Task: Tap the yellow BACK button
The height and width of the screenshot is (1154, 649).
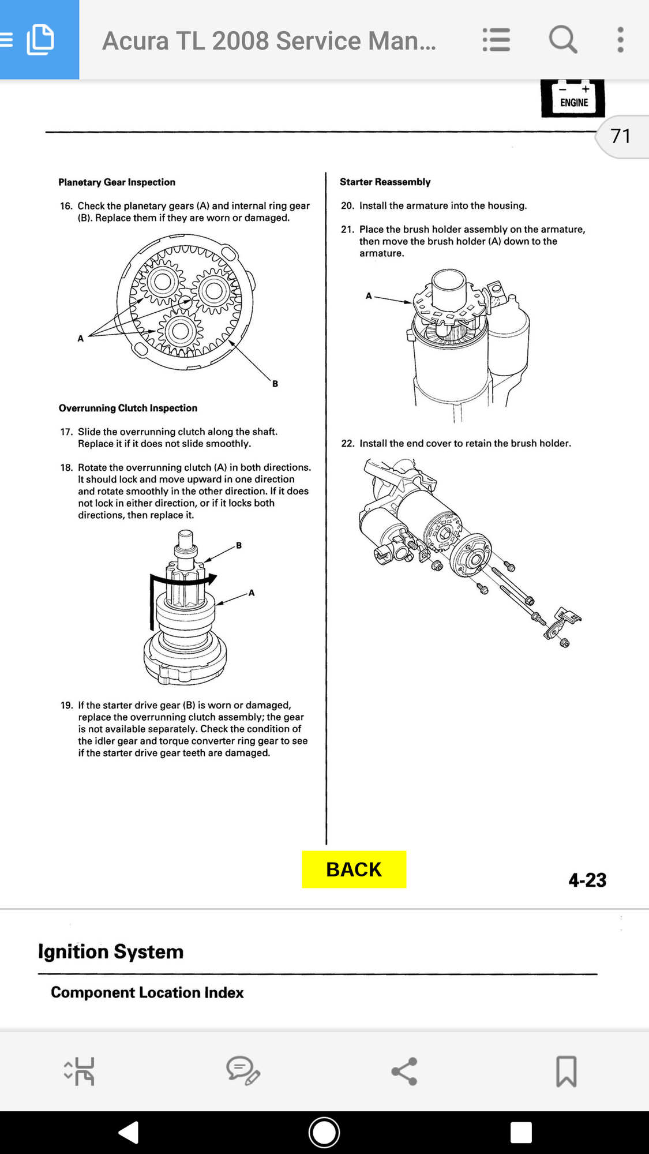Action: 354,869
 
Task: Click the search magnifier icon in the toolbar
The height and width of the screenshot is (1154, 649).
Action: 563,40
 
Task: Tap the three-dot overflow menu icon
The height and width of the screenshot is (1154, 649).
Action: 620,40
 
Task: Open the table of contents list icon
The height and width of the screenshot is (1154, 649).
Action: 496,40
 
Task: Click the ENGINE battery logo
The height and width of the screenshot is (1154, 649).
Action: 573,98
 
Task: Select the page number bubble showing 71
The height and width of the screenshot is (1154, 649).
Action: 622,136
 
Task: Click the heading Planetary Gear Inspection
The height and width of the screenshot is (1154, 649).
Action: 117,182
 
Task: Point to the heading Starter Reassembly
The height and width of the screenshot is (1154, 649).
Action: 385,182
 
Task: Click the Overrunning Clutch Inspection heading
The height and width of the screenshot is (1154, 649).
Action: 128,408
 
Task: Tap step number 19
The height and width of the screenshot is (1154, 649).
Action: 67,705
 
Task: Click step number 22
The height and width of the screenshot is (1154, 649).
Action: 347,443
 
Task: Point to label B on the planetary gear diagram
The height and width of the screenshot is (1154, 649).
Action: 275,384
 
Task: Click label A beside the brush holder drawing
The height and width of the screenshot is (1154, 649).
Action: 369,296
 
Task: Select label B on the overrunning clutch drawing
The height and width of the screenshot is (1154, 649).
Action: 239,545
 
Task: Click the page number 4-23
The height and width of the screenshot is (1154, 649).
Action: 587,880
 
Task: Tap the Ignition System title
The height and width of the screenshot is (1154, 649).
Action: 111,951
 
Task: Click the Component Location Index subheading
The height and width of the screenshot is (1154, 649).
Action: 147,992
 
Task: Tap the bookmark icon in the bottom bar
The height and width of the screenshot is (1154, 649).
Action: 567,1071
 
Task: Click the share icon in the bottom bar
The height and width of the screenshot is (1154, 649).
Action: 404,1071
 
